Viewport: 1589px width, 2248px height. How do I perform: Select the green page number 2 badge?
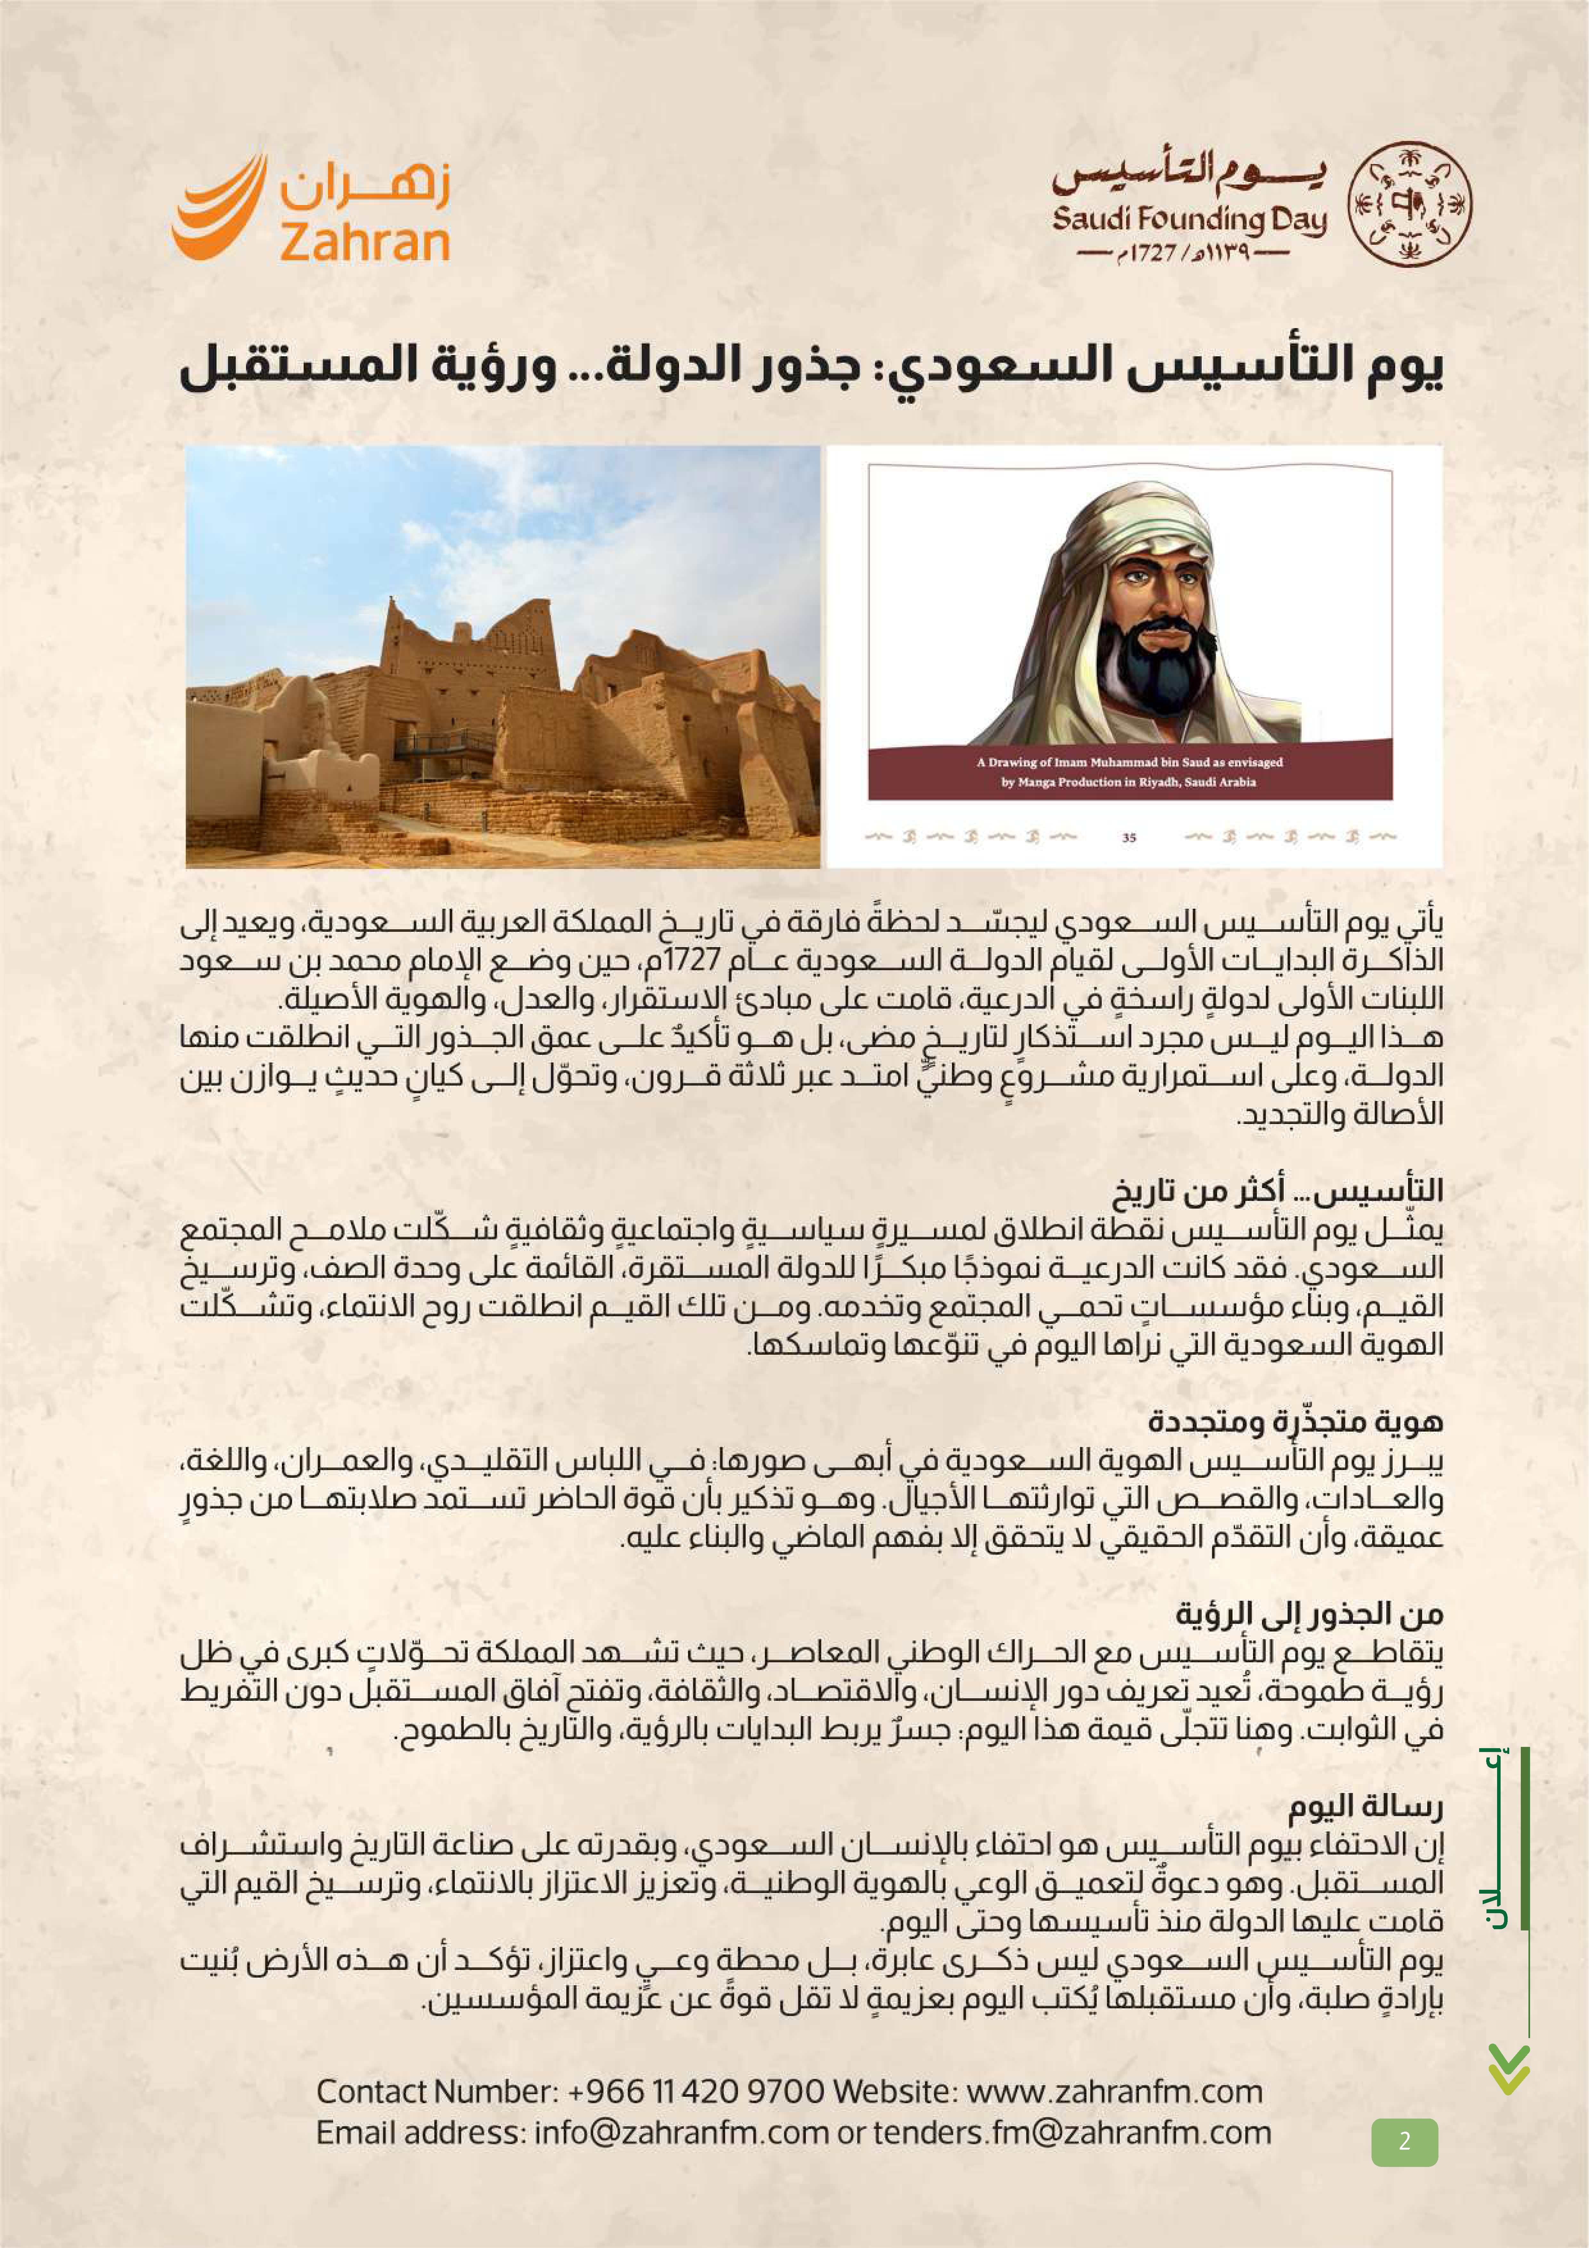tap(1404, 2141)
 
